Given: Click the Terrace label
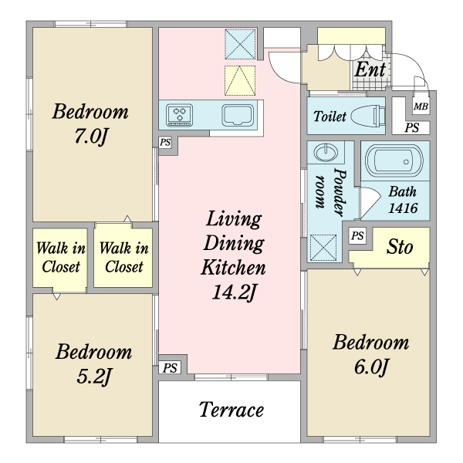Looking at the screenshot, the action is tap(231, 410).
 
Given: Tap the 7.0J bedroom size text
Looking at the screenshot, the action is tap(90, 137).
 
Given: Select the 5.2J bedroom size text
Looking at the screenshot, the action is tap(93, 377).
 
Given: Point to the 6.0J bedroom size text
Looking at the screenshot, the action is tap(371, 367).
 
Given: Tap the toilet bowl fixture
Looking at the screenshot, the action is tap(368, 116).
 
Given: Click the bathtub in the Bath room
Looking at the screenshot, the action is tap(395, 161).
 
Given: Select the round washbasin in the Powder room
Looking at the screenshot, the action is tap(326, 152).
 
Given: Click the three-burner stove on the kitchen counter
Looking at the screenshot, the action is tap(180, 115).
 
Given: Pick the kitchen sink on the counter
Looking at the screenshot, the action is tap(238, 115).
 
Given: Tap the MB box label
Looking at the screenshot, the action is tap(421, 106).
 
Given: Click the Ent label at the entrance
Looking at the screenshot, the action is tap(370, 70).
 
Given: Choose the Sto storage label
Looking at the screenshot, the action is tap(400, 247).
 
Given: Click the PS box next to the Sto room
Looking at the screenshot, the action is tap(357, 235).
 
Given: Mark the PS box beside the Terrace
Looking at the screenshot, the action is tap(170, 368).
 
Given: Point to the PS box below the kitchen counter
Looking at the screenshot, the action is tap(165, 143).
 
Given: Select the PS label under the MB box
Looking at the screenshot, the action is tap(411, 128).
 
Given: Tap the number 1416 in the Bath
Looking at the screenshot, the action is tap(403, 208).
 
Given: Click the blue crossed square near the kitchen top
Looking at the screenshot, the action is tap(240, 44).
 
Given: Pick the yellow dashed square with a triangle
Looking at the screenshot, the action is tap(240, 80).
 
